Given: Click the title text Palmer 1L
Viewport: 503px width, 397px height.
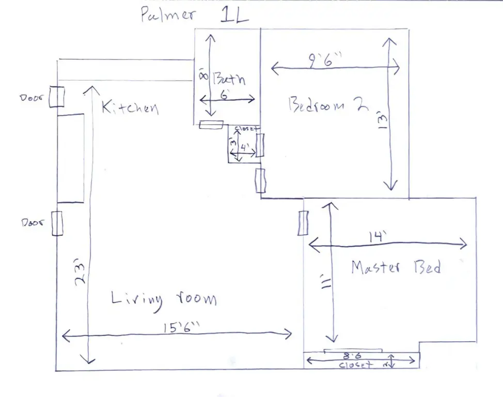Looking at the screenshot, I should (195, 15).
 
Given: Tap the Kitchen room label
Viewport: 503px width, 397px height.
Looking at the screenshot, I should (129, 108).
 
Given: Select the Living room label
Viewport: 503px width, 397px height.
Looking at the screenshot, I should (164, 299).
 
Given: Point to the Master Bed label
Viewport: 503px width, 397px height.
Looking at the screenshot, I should (396, 268).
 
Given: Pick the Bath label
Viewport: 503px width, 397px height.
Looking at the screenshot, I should (227, 80).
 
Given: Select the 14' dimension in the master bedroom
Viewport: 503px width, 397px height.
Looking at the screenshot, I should (376, 237).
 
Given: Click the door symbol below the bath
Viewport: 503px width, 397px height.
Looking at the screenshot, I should (211, 125).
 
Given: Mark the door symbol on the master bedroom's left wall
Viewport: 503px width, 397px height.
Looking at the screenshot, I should (303, 223).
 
